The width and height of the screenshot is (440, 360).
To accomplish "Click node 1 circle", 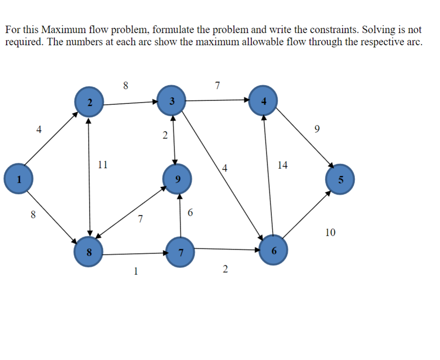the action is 18,178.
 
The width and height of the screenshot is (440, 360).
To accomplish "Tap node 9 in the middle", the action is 176,179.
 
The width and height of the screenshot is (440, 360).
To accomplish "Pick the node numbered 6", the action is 274,250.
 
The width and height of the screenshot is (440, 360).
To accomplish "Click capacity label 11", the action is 103,165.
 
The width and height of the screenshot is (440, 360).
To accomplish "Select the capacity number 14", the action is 282,165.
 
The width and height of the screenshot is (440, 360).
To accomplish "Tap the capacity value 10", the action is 330,233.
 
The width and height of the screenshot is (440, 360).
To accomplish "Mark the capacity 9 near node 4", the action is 316,129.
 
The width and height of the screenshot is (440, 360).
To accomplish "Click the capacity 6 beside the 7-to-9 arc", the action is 190,213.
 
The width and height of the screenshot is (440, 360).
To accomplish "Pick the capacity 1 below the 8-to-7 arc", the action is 136,271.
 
